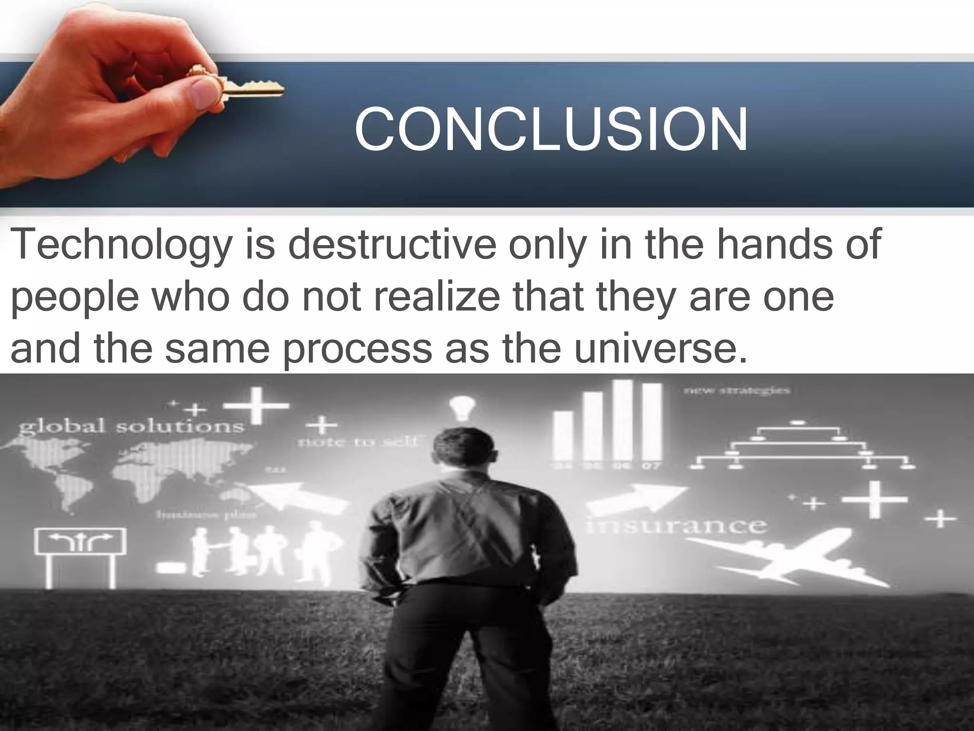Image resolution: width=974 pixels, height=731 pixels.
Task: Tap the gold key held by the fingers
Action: click(x=247, y=89)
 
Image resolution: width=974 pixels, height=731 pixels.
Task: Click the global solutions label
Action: click(x=131, y=425)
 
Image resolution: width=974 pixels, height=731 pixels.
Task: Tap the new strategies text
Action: click(x=737, y=391)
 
